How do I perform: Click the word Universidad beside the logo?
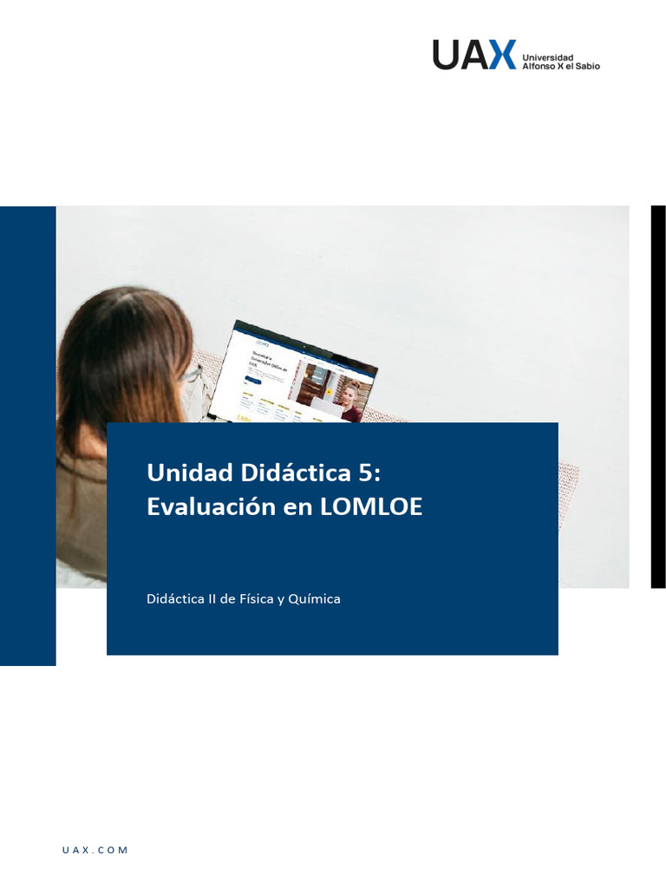coord(547,57)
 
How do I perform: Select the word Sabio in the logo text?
coord(586,66)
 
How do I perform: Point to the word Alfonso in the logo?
coord(539,66)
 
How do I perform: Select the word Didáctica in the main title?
coord(284,473)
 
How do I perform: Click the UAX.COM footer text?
coord(95,851)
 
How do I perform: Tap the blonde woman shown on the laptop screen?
coord(349,399)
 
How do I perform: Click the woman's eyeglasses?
coord(193,375)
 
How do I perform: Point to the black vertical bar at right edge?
coord(658,396)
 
